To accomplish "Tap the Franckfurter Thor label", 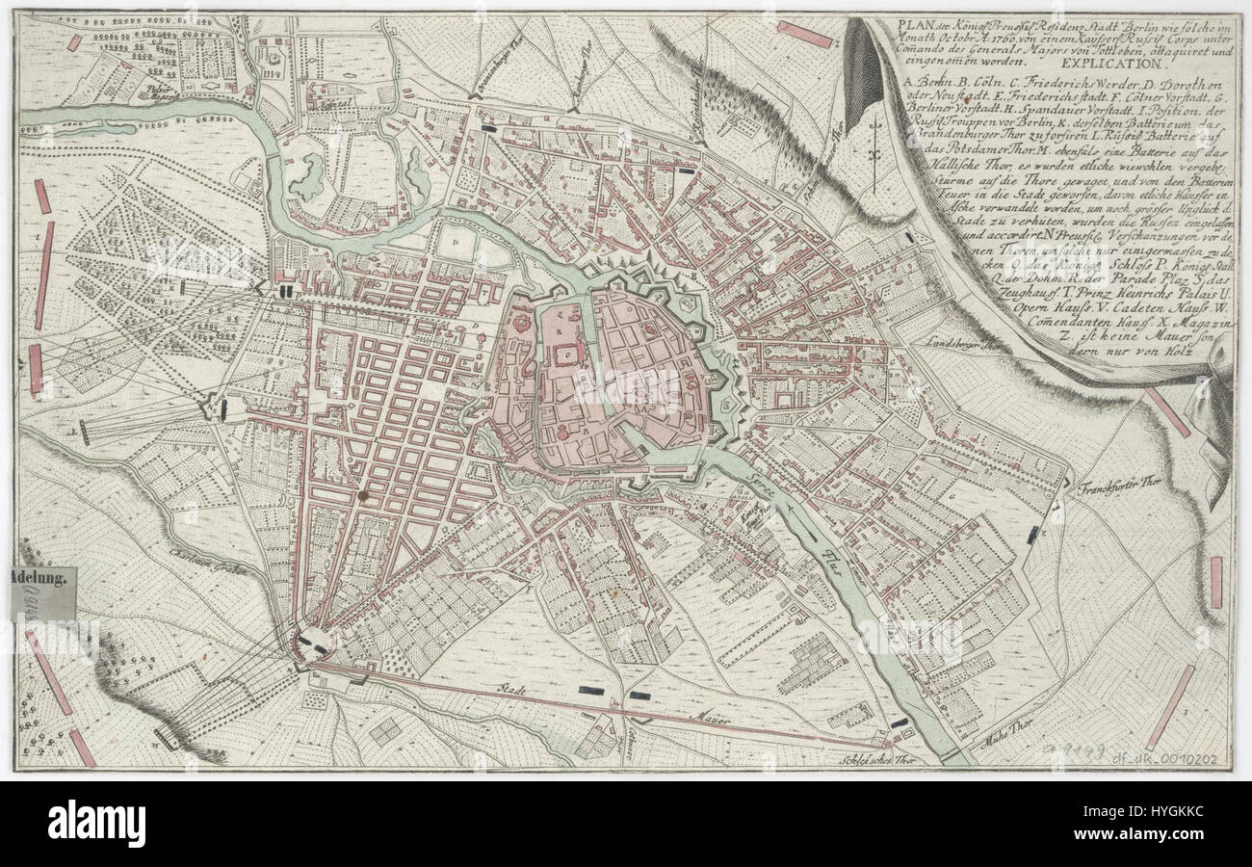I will pyautogui.click(x=1115, y=486).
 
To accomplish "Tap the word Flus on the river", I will pyautogui.click(x=831, y=563).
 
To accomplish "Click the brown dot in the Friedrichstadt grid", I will pyautogui.click(x=364, y=495).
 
